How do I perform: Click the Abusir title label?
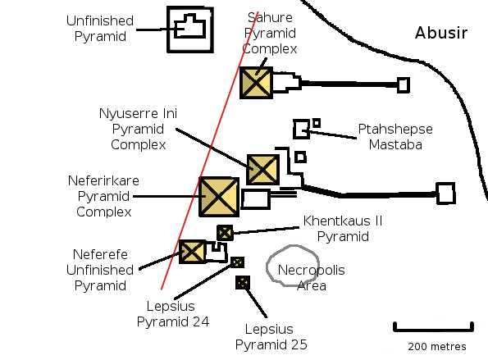[x=441, y=33]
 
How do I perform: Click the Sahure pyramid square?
[x=256, y=83]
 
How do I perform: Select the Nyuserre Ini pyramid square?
[x=262, y=169]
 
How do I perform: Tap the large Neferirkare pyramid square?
[x=219, y=197]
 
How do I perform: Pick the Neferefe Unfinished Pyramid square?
[x=192, y=252]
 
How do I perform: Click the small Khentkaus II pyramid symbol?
[x=225, y=233]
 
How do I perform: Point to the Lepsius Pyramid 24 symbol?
[x=238, y=262]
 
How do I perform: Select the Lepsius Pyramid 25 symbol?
[x=243, y=283]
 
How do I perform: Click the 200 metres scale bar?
[x=433, y=328]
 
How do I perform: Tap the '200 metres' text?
[x=437, y=347]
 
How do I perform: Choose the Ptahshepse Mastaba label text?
[x=395, y=137]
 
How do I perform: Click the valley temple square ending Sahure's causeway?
[x=404, y=85]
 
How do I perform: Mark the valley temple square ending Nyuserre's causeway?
[x=445, y=194]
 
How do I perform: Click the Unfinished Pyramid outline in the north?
[x=190, y=7]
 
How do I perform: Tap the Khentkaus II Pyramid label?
[x=343, y=229]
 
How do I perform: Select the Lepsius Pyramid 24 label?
[x=173, y=314]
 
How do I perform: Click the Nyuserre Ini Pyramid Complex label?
[x=138, y=129]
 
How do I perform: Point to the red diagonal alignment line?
[x=210, y=151]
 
